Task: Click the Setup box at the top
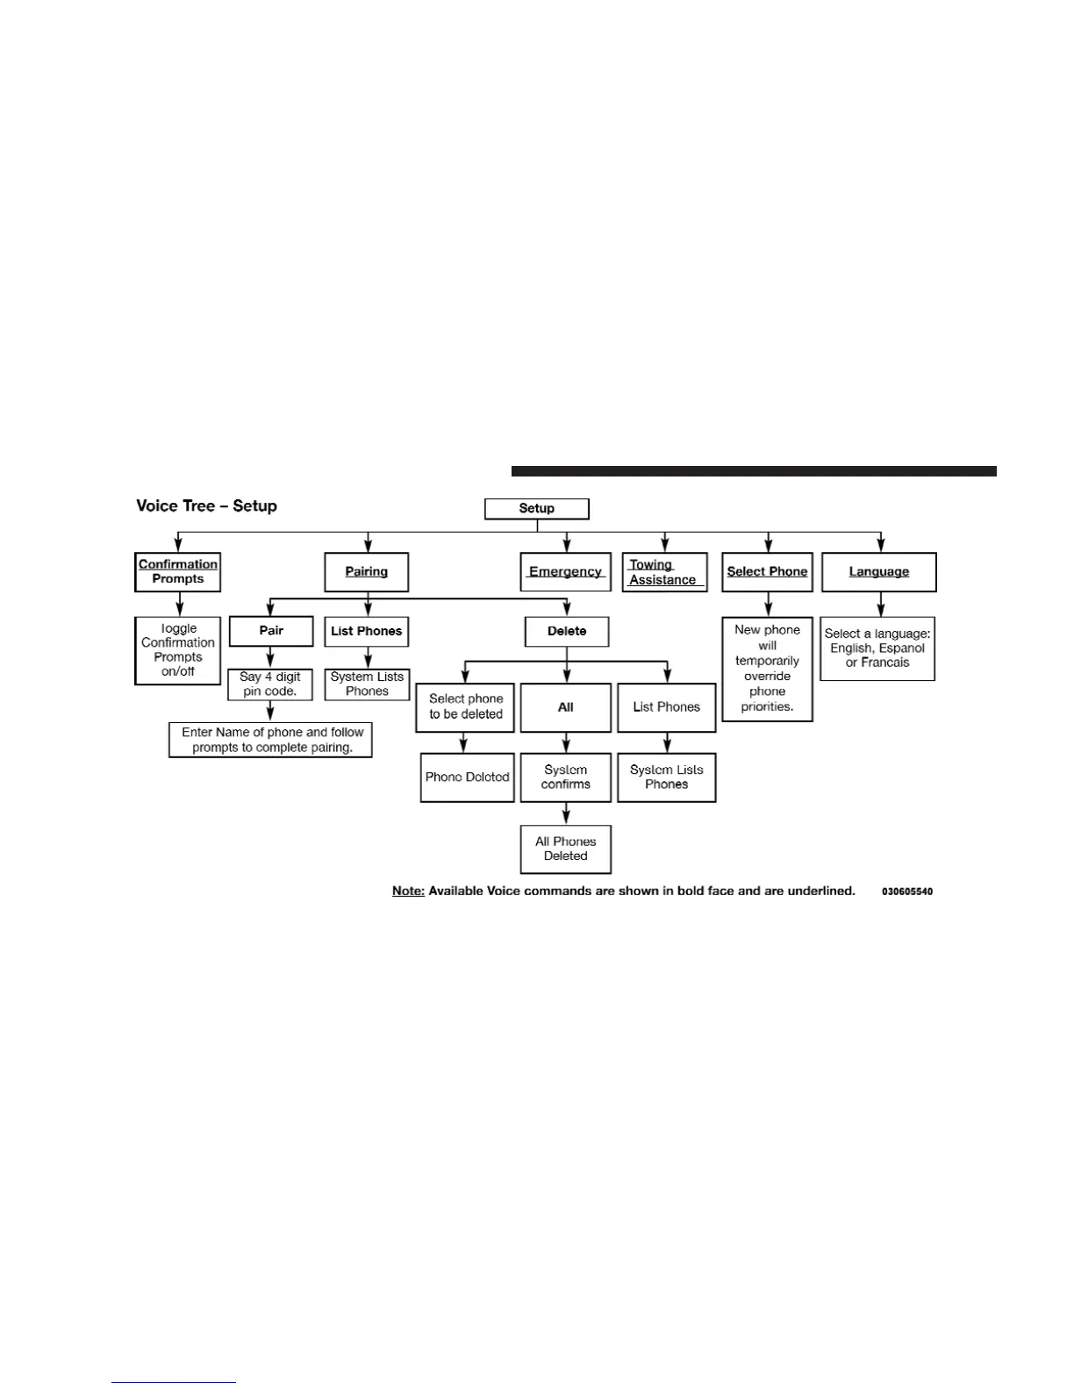point(536,509)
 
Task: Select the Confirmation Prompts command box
point(178,571)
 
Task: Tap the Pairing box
point(366,572)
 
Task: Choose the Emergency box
point(565,572)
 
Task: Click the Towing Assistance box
point(664,572)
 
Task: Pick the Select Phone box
point(767,572)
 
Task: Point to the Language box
point(878,572)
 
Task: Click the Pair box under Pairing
point(271,631)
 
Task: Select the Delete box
point(567,631)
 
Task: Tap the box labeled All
point(566,707)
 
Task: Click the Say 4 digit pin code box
point(270,684)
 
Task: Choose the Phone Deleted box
point(467,777)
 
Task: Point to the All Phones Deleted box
point(566,849)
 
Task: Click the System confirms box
point(566,777)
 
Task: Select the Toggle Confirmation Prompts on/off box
point(178,650)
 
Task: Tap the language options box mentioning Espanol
point(877,648)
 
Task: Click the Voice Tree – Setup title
point(206,506)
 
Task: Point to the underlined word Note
point(408,891)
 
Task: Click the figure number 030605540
point(907,892)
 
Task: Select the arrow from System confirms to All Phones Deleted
point(566,813)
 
